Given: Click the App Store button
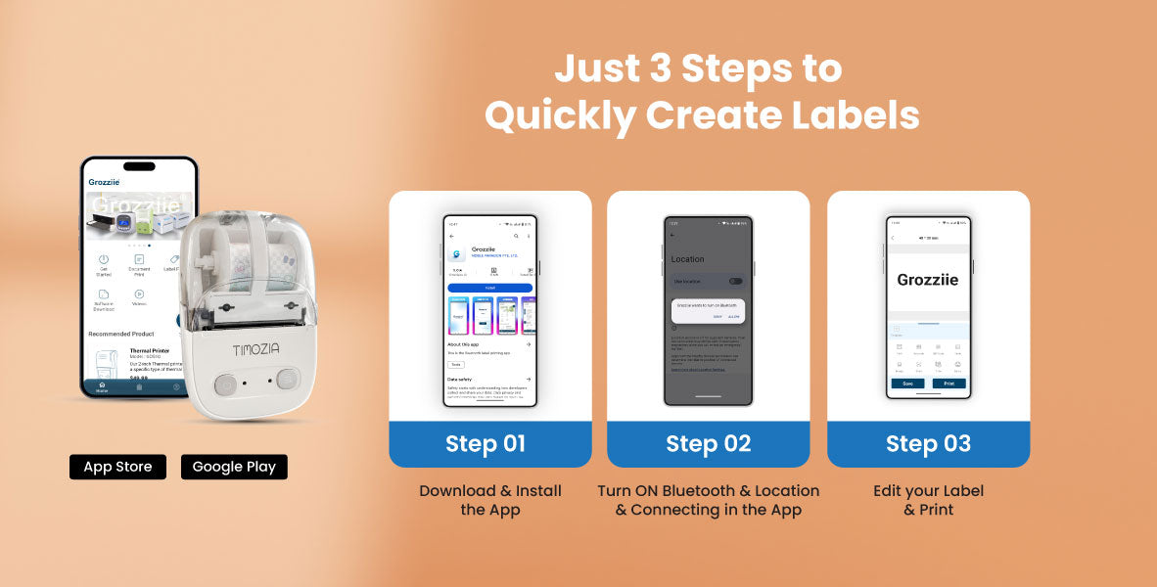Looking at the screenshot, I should pyautogui.click(x=117, y=467).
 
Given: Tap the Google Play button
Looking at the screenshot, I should pyautogui.click(x=234, y=467).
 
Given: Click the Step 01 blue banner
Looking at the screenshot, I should pyautogui.click(x=489, y=443).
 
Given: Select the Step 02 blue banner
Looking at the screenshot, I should pyautogui.click(x=708, y=443).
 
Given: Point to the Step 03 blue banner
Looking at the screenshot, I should pyautogui.click(x=928, y=443).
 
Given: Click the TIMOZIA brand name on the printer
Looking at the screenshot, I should pyautogui.click(x=256, y=349).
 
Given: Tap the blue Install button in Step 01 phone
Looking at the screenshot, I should pyautogui.click(x=489, y=288).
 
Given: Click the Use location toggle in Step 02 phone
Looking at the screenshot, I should pyautogui.click(x=735, y=281).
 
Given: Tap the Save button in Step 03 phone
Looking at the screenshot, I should pyautogui.click(x=907, y=384).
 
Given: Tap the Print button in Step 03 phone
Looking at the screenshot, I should pyautogui.click(x=949, y=384).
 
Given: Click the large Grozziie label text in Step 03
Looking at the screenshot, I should pyautogui.click(x=928, y=280).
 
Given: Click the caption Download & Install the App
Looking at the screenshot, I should pyautogui.click(x=489, y=500).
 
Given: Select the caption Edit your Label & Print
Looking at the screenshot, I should pyautogui.click(x=928, y=500).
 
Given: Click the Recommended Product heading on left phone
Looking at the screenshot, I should pyautogui.click(x=121, y=334).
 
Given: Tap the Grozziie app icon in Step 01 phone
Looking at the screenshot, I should pyautogui.click(x=458, y=254).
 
